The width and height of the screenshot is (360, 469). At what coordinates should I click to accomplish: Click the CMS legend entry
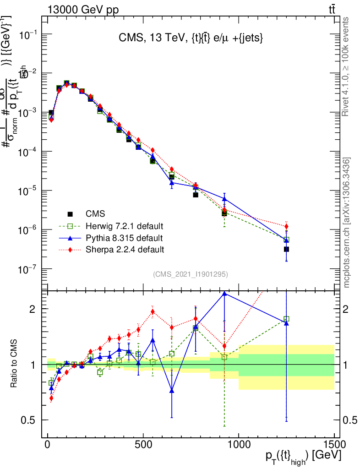pyautogui.click(x=95, y=214)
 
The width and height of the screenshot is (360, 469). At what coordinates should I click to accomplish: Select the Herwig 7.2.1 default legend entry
pyautogui.click(x=124, y=226)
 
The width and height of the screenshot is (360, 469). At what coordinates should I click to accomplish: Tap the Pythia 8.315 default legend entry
pyautogui.click(x=124, y=238)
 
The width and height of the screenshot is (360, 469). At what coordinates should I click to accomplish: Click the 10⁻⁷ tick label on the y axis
pyautogui.click(x=29, y=269)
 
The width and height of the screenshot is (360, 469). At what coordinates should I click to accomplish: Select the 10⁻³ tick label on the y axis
pyautogui.click(x=29, y=113)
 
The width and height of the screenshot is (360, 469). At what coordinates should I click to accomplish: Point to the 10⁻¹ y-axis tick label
pyautogui.click(x=29, y=35)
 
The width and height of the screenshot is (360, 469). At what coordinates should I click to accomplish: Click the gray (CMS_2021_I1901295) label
pyautogui.click(x=190, y=274)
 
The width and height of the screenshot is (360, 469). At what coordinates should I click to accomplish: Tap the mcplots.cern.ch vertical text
pyautogui.click(x=346, y=222)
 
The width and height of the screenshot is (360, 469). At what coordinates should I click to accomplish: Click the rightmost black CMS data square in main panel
pyautogui.click(x=286, y=249)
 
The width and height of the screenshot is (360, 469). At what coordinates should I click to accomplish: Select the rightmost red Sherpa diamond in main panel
pyautogui.click(x=286, y=226)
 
